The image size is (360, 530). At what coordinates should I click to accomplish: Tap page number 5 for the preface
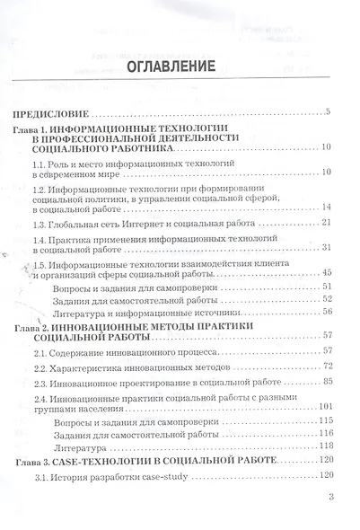click(329, 112)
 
